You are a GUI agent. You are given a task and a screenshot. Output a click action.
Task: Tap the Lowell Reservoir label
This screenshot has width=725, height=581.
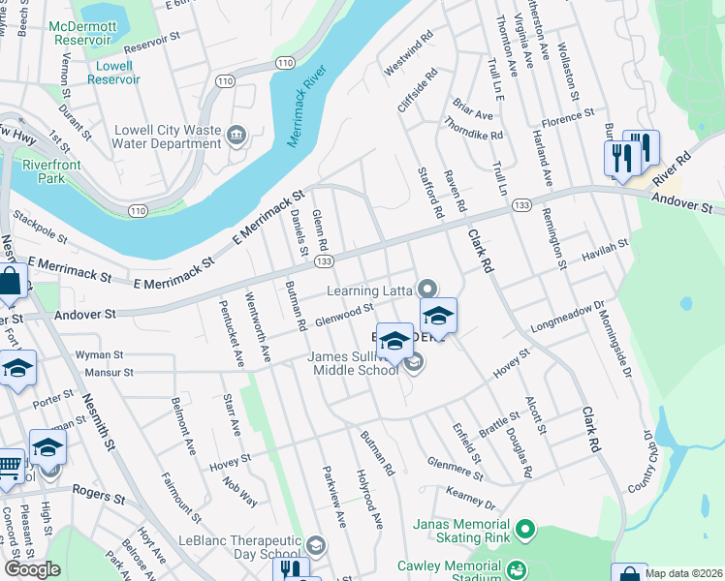113,73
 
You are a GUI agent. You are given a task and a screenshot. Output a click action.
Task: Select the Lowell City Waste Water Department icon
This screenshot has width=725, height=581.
236,136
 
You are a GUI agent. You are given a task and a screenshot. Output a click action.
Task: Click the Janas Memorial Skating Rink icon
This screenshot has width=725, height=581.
524,530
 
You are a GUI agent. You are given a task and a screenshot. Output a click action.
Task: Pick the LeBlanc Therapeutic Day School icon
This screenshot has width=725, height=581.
315,545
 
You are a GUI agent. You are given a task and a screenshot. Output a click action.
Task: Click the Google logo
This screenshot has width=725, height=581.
32,569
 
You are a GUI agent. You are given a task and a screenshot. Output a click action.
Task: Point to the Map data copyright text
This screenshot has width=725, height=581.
683,573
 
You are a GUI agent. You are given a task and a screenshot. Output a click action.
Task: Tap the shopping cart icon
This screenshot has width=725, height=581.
8,467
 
